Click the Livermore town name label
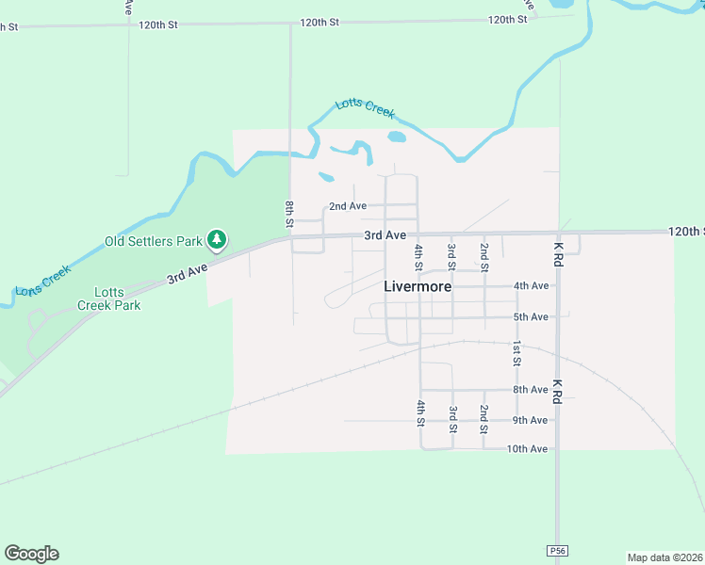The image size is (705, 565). [x=418, y=285]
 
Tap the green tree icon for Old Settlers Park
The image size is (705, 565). [x=217, y=240]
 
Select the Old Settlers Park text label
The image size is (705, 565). [x=153, y=241]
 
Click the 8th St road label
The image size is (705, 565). [x=289, y=213]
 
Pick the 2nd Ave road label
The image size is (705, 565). [x=347, y=206]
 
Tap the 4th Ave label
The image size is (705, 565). [x=531, y=285]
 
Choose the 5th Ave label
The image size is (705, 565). [x=531, y=316]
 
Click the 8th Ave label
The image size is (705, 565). [x=531, y=389]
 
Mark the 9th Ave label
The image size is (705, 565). [x=531, y=420]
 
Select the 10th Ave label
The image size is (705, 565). [x=527, y=449]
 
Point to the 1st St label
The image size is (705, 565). [x=516, y=353]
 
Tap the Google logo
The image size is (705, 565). [x=31, y=554]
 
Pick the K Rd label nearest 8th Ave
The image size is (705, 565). [x=558, y=392]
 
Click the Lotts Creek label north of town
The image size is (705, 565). [x=365, y=108]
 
